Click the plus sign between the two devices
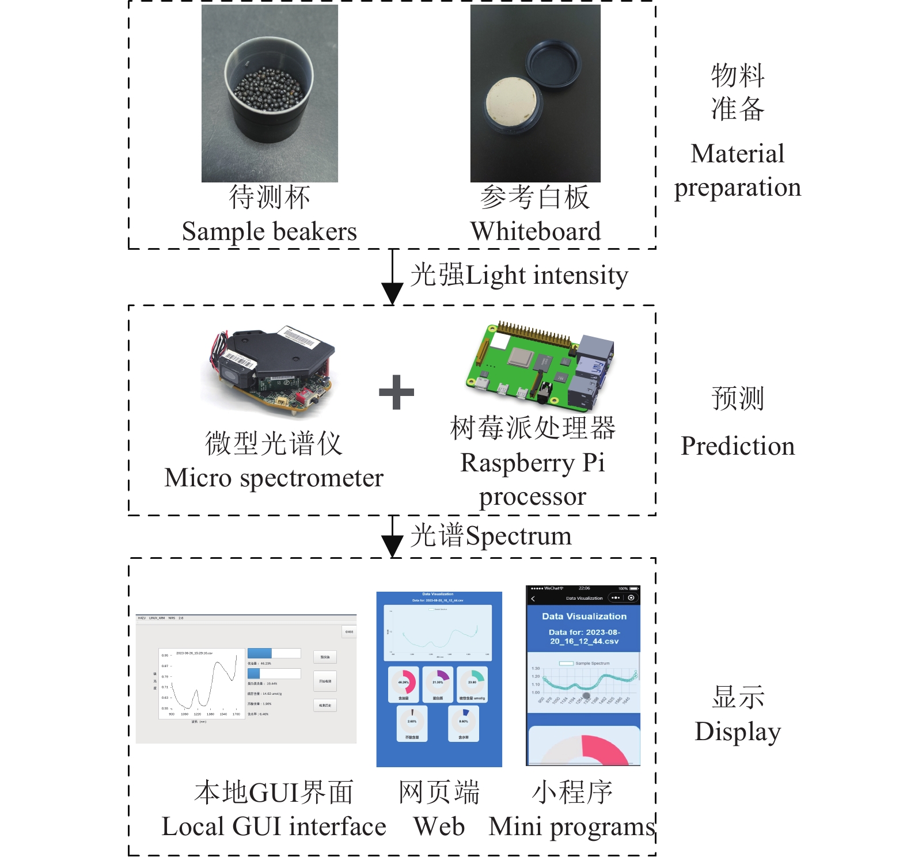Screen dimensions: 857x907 click(x=396, y=393)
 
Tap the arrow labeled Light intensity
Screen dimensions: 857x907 click(x=393, y=276)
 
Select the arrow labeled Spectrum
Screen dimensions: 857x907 click(x=393, y=536)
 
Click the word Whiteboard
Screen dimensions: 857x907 click(x=535, y=231)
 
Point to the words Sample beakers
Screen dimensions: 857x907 click(x=269, y=231)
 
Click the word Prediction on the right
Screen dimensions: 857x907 click(x=737, y=446)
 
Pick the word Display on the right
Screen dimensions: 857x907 click(x=737, y=732)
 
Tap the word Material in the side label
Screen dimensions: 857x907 click(x=737, y=154)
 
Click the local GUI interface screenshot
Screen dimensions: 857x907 click(x=246, y=679)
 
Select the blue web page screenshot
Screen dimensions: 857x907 click(x=439, y=679)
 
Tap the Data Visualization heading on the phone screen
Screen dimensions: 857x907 click(x=583, y=616)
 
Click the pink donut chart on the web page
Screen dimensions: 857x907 click(x=404, y=682)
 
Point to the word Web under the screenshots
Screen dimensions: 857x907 click(x=439, y=826)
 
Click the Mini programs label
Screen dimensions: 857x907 click(x=572, y=826)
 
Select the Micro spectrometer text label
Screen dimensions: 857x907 click(x=274, y=478)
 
